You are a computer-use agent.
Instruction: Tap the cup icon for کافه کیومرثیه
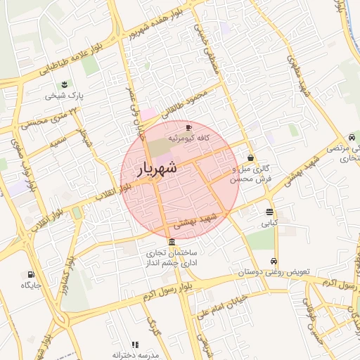point(188,127)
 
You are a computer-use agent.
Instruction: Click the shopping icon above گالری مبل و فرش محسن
point(250,158)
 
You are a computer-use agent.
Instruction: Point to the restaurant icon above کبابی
point(270,212)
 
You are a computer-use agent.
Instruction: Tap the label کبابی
point(270,224)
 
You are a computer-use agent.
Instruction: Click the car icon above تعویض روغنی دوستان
point(274,261)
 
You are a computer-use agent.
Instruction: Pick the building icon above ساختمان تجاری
point(172,242)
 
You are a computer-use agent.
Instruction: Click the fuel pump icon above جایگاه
point(30,274)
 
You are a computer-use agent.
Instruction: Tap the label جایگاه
point(30,285)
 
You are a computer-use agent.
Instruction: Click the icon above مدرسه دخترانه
point(136,345)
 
